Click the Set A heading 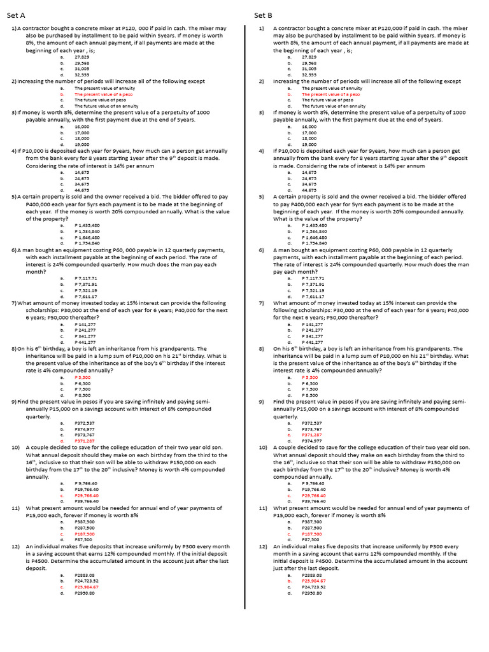tap(16, 15)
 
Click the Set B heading tap(263, 15)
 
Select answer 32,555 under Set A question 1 tap(82, 74)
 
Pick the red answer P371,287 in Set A tap(85, 440)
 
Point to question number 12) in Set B tap(262, 546)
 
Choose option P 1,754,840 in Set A tap(87, 243)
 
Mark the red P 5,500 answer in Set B tap(310, 377)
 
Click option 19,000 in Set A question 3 tap(82, 145)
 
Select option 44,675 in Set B tap(309, 190)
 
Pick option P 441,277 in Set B tap(313, 342)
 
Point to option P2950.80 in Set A tap(85, 593)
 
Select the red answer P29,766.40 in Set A tap(87, 495)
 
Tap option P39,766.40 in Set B tap(314, 500)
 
